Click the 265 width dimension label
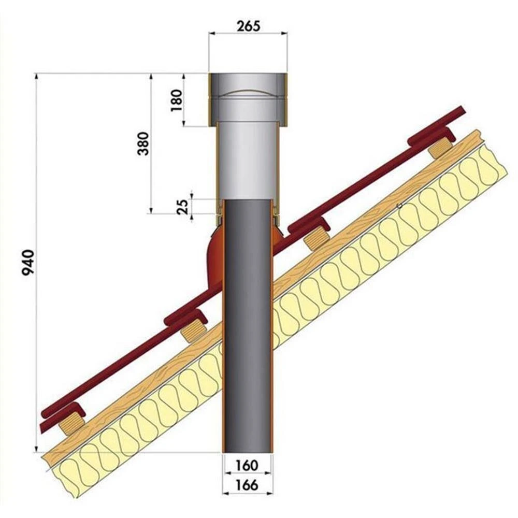pos(249,26)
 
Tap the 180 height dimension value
pos(177,100)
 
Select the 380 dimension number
pos(143,143)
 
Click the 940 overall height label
pos(28,263)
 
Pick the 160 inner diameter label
pos(247,465)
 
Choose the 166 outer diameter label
pos(247,485)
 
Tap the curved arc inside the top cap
pos(248,91)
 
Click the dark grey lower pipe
pos(248,325)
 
